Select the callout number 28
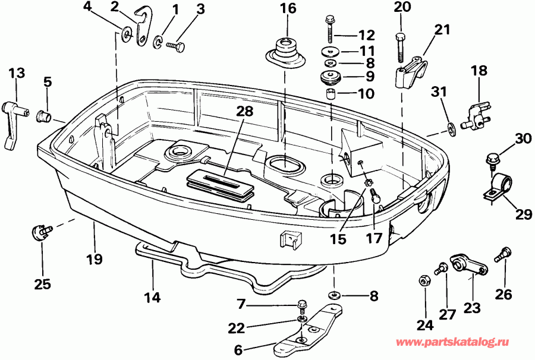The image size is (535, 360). tap(243, 111)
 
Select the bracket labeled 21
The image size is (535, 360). tap(414, 71)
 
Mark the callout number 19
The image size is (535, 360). tap(94, 259)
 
